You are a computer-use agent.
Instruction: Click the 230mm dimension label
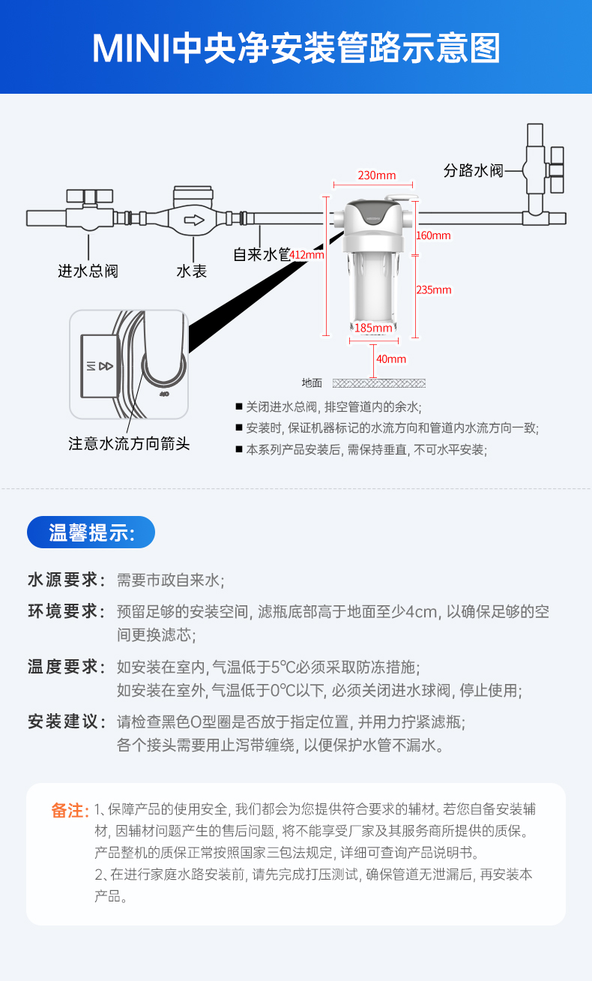376,175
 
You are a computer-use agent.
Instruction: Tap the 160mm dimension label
433,235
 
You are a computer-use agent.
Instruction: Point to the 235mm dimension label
434,290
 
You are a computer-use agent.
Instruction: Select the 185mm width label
372,328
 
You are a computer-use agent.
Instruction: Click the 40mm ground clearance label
390,359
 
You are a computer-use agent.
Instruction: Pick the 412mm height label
306,254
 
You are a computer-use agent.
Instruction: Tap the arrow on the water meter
194,220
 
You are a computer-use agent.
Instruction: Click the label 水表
192,271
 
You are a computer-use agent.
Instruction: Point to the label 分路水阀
473,171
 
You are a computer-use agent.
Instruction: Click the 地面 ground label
312,383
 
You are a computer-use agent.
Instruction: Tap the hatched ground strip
378,383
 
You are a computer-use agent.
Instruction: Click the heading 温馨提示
91,532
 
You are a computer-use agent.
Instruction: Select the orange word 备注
70,811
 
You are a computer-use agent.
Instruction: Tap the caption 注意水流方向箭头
129,444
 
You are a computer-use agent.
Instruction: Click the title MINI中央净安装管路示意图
296,48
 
